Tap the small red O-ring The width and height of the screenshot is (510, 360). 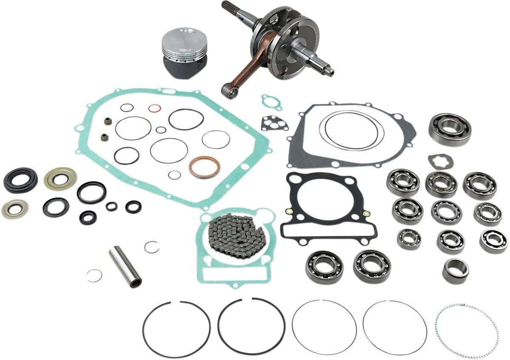pos(154,108)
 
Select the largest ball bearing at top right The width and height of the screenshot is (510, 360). pos(450,129)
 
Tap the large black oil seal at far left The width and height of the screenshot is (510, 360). pos(20,180)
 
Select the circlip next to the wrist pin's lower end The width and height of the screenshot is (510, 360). pos(94,276)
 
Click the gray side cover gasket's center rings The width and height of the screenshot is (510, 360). pos(351,130)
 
